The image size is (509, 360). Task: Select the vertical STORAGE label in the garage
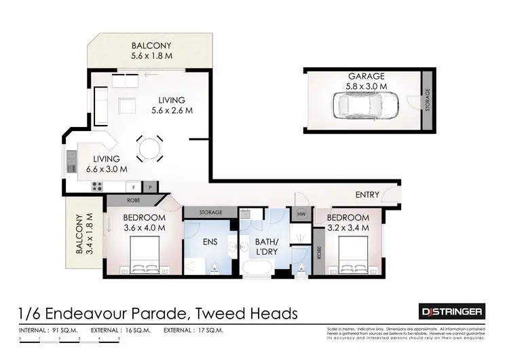427,102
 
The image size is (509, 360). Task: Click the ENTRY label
367,195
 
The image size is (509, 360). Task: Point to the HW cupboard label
301,215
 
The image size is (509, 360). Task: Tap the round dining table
149,147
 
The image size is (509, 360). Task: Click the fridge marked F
133,186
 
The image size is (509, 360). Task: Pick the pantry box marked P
149,186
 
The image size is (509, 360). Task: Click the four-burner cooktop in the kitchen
96,186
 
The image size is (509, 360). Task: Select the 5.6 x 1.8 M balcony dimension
151,56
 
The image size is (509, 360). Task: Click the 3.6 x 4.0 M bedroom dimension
144,228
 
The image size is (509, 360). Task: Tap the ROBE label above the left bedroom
133,200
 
